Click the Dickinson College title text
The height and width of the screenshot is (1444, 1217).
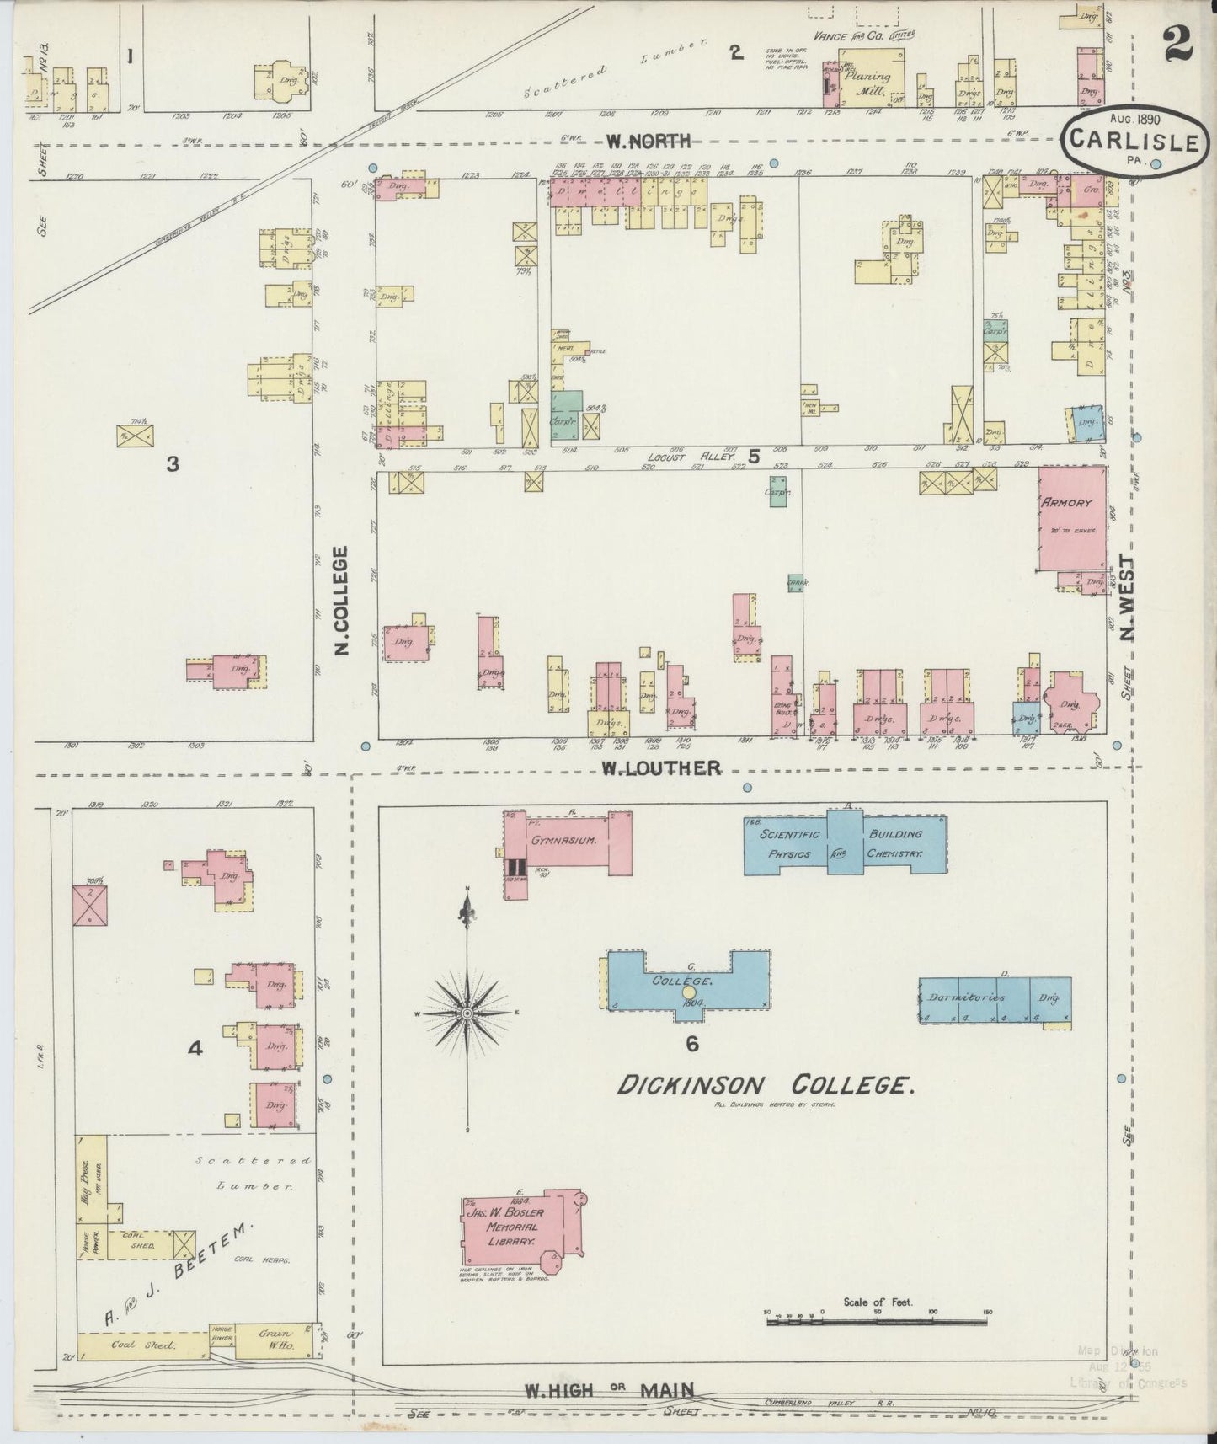click(765, 1087)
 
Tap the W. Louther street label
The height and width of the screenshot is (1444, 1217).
click(660, 767)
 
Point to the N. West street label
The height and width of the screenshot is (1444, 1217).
click(1126, 596)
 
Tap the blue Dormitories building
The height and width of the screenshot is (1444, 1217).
click(995, 1000)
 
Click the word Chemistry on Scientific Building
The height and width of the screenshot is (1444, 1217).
click(895, 854)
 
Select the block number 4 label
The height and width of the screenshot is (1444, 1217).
click(195, 1049)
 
